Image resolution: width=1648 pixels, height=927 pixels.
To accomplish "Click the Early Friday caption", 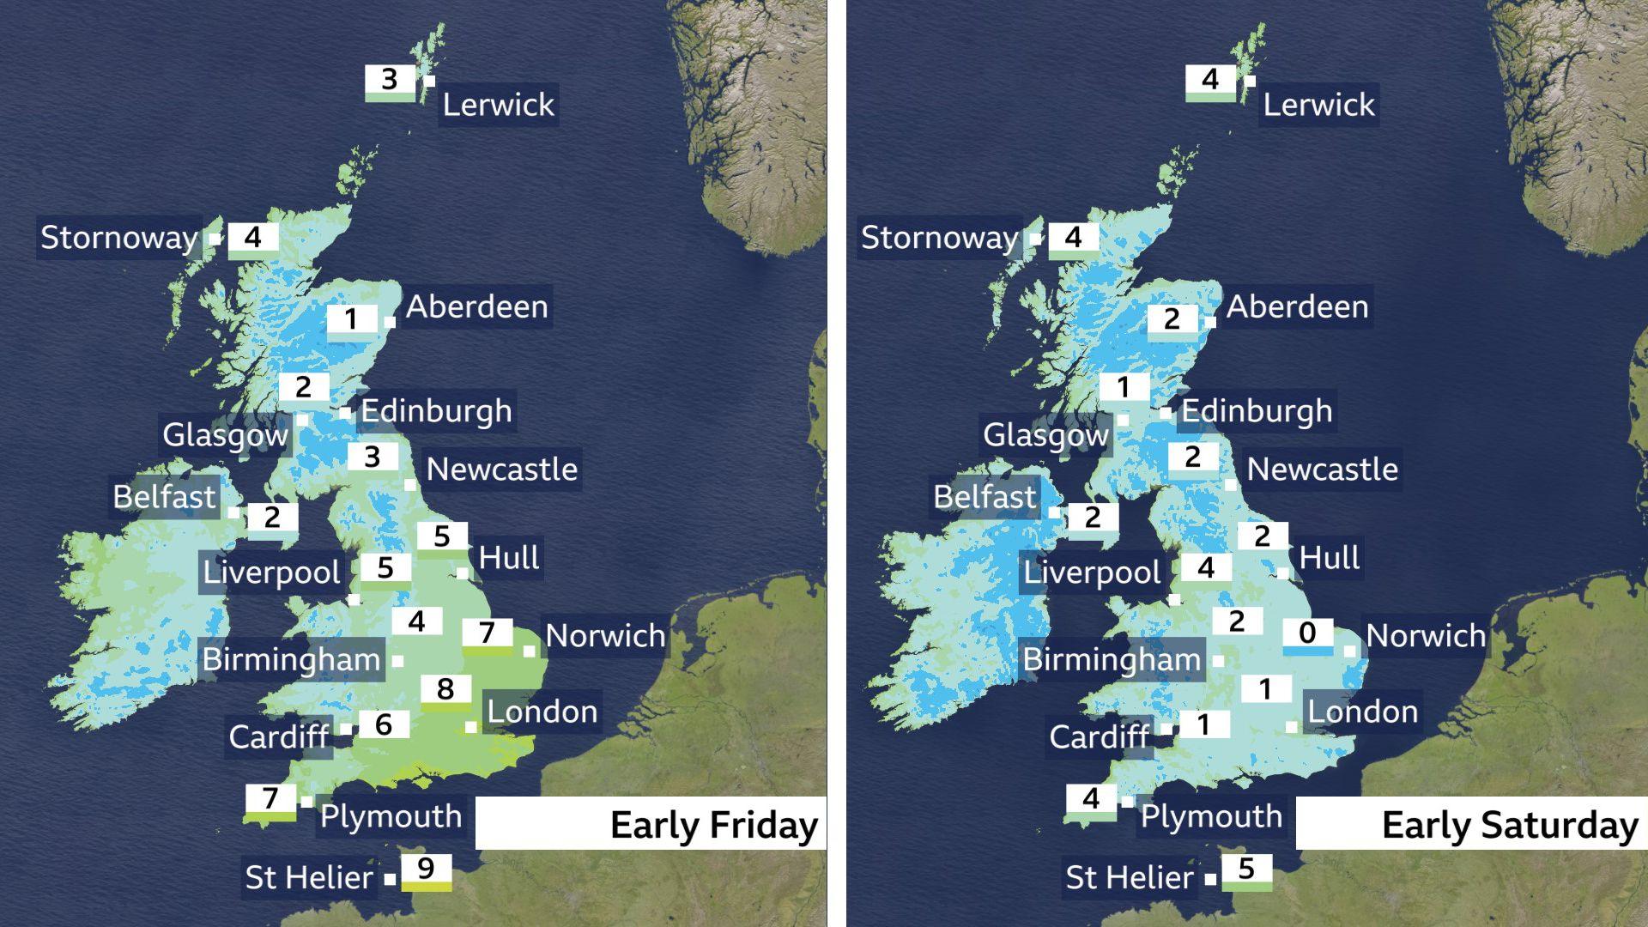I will point(713,825).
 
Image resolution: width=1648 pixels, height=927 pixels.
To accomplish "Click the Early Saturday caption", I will point(1510,825).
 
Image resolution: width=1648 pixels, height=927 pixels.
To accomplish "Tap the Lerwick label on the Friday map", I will point(499,105).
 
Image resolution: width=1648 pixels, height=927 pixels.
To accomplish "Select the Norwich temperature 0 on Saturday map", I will point(1307,634).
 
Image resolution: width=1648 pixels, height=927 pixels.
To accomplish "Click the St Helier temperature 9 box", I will point(426,871).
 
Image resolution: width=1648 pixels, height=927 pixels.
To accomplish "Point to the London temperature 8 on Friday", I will point(445,689).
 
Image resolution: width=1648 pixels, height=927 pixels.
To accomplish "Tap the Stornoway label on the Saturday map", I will point(939,238).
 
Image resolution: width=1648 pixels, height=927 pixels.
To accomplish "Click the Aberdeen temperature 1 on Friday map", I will point(351,319).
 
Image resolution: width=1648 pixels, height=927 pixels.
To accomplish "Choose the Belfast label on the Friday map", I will point(164,497).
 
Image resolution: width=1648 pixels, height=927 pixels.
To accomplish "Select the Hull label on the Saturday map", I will point(1329,558).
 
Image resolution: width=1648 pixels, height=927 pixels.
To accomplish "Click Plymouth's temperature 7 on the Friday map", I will point(270,800).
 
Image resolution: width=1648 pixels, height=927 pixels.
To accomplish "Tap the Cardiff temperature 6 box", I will point(383,725).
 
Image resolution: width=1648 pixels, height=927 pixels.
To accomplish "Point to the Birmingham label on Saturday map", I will point(1112,660).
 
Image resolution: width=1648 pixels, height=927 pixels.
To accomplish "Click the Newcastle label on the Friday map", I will point(502,470).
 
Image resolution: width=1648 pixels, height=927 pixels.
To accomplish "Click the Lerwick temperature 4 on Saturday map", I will point(1210,81).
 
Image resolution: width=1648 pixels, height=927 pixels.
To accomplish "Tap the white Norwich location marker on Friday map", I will point(530,651).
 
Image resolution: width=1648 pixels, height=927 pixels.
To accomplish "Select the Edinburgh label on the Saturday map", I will point(1257,411).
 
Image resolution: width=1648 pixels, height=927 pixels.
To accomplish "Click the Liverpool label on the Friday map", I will point(271,573).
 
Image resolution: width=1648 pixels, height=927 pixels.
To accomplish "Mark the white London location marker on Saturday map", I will point(1292,728).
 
